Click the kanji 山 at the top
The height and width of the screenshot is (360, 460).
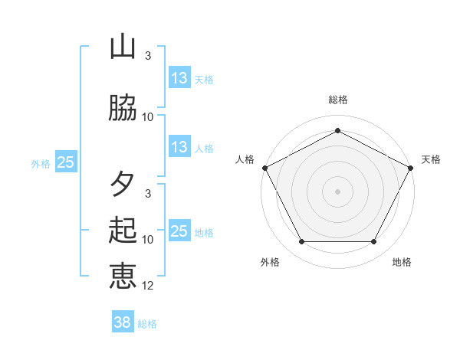123,47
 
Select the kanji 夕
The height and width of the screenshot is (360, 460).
123,184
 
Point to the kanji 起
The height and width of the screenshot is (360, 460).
123,230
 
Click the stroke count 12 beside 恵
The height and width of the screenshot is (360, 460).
149,286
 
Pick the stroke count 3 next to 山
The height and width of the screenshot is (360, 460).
148,56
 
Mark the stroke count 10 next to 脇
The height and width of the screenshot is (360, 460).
148,117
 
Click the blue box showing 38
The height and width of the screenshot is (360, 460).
123,323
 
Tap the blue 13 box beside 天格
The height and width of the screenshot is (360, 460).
179,78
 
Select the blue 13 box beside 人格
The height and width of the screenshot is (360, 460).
179,147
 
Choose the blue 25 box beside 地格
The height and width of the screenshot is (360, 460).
179,231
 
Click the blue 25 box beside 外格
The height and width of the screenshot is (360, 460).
66,162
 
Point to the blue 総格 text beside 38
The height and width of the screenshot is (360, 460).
148,324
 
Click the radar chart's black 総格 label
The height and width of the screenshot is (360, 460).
338,100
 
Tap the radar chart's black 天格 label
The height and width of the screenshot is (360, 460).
432,159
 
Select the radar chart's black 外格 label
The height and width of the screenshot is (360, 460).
270,262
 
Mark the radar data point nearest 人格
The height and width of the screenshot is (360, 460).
264,167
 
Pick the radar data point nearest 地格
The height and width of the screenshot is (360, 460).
374,242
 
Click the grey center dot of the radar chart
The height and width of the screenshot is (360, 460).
338,191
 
